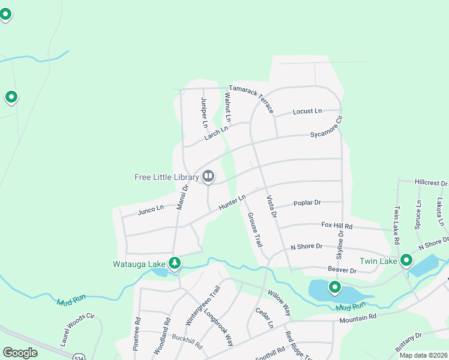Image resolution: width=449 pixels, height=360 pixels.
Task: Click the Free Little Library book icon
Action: click(208, 176)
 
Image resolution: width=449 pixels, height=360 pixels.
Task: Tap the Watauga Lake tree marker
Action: click(175, 263)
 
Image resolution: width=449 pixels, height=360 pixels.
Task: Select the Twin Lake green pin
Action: click(406, 260)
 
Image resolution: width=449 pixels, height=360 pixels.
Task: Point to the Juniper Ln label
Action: click(204, 112)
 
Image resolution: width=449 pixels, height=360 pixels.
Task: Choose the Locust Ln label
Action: click(307, 112)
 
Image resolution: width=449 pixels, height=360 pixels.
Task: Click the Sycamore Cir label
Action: click(327, 128)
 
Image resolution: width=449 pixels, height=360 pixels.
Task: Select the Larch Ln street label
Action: click(216, 133)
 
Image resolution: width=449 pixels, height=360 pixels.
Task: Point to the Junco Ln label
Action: click(151, 209)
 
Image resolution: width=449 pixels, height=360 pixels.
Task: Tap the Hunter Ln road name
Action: click(232, 202)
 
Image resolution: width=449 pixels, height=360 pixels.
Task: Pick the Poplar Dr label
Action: click(307, 203)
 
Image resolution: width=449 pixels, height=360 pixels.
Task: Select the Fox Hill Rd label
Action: click(337, 226)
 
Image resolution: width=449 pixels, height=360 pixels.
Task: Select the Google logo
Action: click(20, 353)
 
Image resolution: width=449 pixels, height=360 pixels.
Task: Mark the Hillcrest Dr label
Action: click(432, 182)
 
